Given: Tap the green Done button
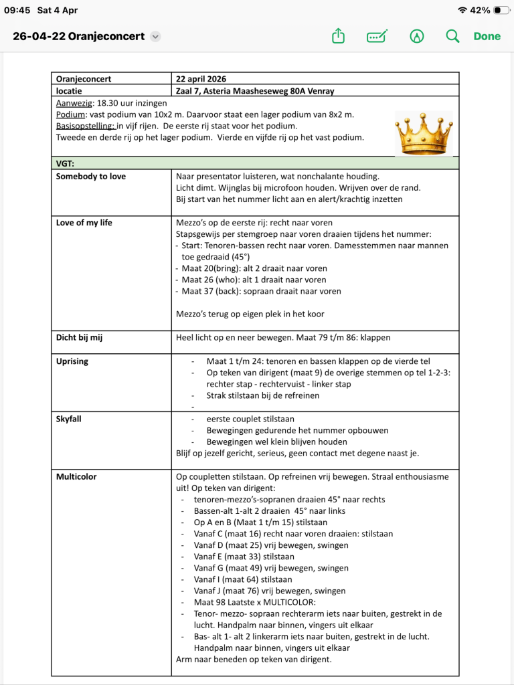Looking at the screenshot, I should (x=487, y=36).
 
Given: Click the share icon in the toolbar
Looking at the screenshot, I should (x=338, y=36).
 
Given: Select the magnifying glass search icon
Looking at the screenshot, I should (x=453, y=36).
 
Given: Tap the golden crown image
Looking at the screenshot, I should (x=423, y=132).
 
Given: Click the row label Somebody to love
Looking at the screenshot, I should (x=91, y=177).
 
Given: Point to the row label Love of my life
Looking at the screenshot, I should (x=84, y=223).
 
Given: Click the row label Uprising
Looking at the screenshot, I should (x=72, y=361).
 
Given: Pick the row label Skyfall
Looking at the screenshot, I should (x=69, y=419).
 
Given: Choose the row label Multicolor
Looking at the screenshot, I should (x=76, y=477).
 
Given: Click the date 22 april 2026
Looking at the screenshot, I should (x=201, y=79).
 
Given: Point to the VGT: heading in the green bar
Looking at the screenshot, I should (x=65, y=163).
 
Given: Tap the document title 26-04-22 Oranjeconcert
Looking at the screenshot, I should (x=79, y=36).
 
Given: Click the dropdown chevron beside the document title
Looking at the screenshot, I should (x=155, y=36).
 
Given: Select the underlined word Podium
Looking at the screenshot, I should (x=70, y=114).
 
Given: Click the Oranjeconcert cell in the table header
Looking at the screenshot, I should (x=84, y=79).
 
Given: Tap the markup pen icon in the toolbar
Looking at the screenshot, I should (x=417, y=36).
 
